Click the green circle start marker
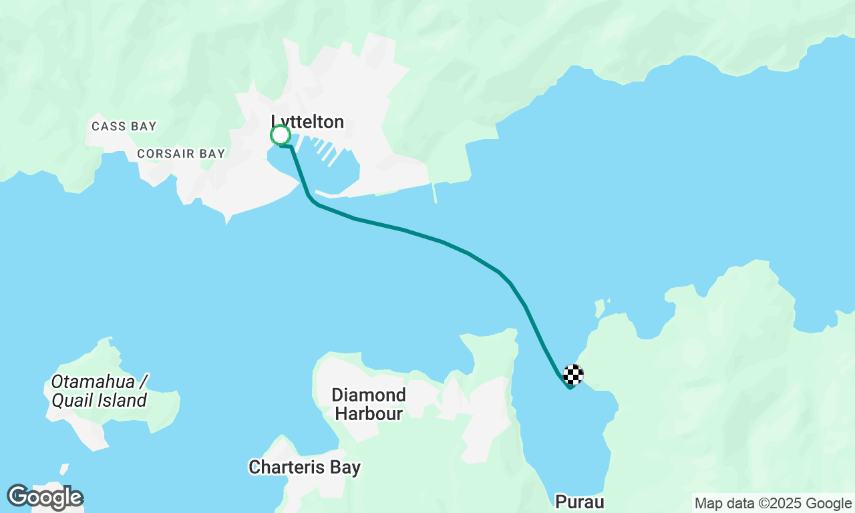(x=281, y=136)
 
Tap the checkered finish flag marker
(x=573, y=375)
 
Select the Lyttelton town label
(x=307, y=122)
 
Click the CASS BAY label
(x=124, y=126)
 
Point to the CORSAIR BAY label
(x=181, y=154)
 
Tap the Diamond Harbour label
(x=369, y=404)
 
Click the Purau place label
(x=580, y=502)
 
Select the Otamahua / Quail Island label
(x=99, y=391)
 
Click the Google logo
(x=45, y=498)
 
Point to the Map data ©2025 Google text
(x=773, y=504)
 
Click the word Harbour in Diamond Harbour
(x=369, y=414)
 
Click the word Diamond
(x=369, y=395)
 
